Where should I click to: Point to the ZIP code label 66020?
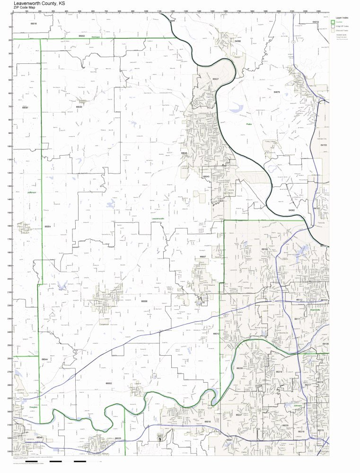click(79, 107)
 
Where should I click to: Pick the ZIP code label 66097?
click(25, 107)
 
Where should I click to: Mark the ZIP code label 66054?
click(47, 227)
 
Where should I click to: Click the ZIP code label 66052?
click(109, 383)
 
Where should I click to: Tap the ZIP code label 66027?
click(215, 79)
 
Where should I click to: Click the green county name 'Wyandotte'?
click(315, 309)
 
